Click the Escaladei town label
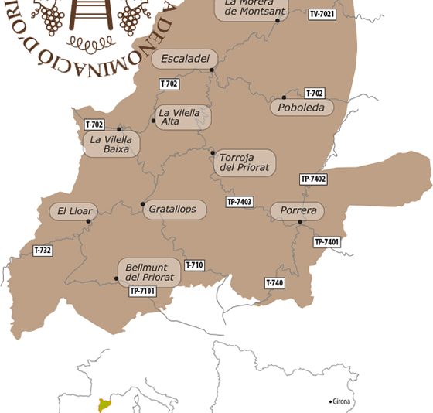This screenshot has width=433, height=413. [x=185, y=59]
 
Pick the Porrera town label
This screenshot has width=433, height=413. [x=298, y=211]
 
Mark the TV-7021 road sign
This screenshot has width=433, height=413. [x=322, y=14]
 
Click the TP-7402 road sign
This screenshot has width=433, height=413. [x=313, y=179]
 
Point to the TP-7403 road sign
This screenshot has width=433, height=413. [x=240, y=202]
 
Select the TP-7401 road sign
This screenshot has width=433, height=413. [x=327, y=242]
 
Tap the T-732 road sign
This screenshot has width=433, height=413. [x=43, y=251]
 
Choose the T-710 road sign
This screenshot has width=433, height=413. [x=194, y=265]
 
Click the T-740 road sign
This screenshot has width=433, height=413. [x=274, y=283]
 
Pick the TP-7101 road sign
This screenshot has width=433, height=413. [x=142, y=291]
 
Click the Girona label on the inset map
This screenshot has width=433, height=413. [x=341, y=402]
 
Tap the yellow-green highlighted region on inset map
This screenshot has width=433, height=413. [x=102, y=406]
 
